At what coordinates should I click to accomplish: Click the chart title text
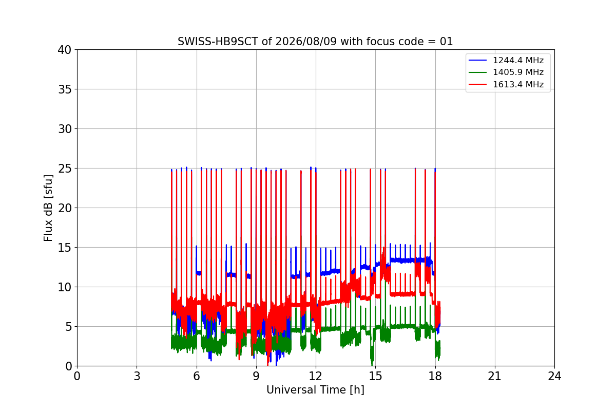pos(315,42)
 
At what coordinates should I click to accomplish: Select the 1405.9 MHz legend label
pos(518,72)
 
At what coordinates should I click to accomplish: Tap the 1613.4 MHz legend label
pos(518,84)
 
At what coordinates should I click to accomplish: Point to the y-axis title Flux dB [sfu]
pos(48,208)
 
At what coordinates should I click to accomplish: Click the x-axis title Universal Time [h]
pos(315,390)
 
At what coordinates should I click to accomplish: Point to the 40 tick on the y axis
pos(64,50)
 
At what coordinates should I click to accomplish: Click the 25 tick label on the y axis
pos(64,169)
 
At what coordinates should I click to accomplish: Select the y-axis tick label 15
pos(64,248)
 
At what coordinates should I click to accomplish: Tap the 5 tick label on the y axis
pos(68,327)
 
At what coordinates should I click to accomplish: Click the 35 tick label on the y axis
pos(64,89)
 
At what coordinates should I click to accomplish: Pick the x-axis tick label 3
pos(137,376)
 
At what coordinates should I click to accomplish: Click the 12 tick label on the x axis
pos(316,376)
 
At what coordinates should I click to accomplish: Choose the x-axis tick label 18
pos(435,376)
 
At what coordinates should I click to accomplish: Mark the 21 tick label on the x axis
pos(495,376)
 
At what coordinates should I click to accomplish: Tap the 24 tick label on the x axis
pos(554,376)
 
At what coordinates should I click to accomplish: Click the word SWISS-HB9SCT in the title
pos(218,42)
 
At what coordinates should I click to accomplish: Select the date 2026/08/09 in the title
pos(306,42)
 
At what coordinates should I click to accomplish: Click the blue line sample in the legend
pos(478,60)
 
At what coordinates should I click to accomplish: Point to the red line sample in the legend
pos(478,84)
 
